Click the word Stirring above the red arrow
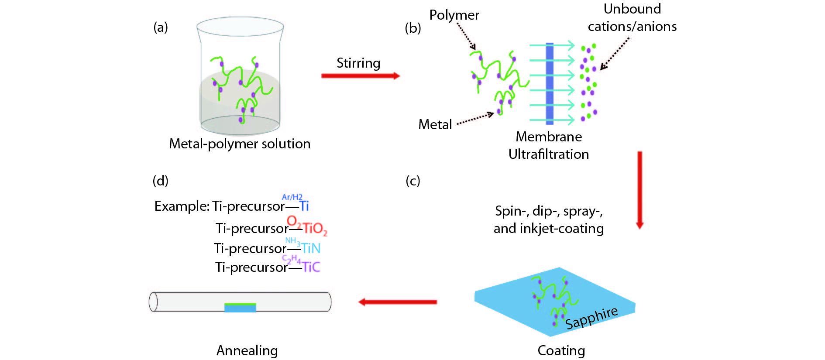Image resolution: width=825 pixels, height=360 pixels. point(358,63)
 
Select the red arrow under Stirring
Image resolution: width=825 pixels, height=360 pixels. point(361,76)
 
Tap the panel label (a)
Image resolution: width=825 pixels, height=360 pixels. point(161,27)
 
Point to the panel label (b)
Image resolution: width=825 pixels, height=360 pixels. point(413,28)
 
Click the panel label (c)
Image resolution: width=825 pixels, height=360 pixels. point(413,181)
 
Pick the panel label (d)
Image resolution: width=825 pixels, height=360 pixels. point(161,181)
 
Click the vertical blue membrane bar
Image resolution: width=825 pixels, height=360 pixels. point(550,83)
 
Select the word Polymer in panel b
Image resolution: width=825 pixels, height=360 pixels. point(454,15)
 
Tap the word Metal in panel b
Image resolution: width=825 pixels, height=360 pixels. point(435,125)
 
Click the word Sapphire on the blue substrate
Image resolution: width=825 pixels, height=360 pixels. point(591,318)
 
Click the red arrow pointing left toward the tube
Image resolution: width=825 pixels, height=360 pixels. point(398,302)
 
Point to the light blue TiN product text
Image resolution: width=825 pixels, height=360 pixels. point(311,248)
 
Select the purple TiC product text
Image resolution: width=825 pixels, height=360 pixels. point(311,267)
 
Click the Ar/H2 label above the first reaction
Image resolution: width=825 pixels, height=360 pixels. point(292,197)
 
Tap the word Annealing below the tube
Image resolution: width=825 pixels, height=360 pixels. point(247,350)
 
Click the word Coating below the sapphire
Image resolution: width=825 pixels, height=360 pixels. point(561,350)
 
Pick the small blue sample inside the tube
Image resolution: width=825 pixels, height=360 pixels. point(240,308)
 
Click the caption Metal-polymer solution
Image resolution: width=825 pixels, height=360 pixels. point(240,144)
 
